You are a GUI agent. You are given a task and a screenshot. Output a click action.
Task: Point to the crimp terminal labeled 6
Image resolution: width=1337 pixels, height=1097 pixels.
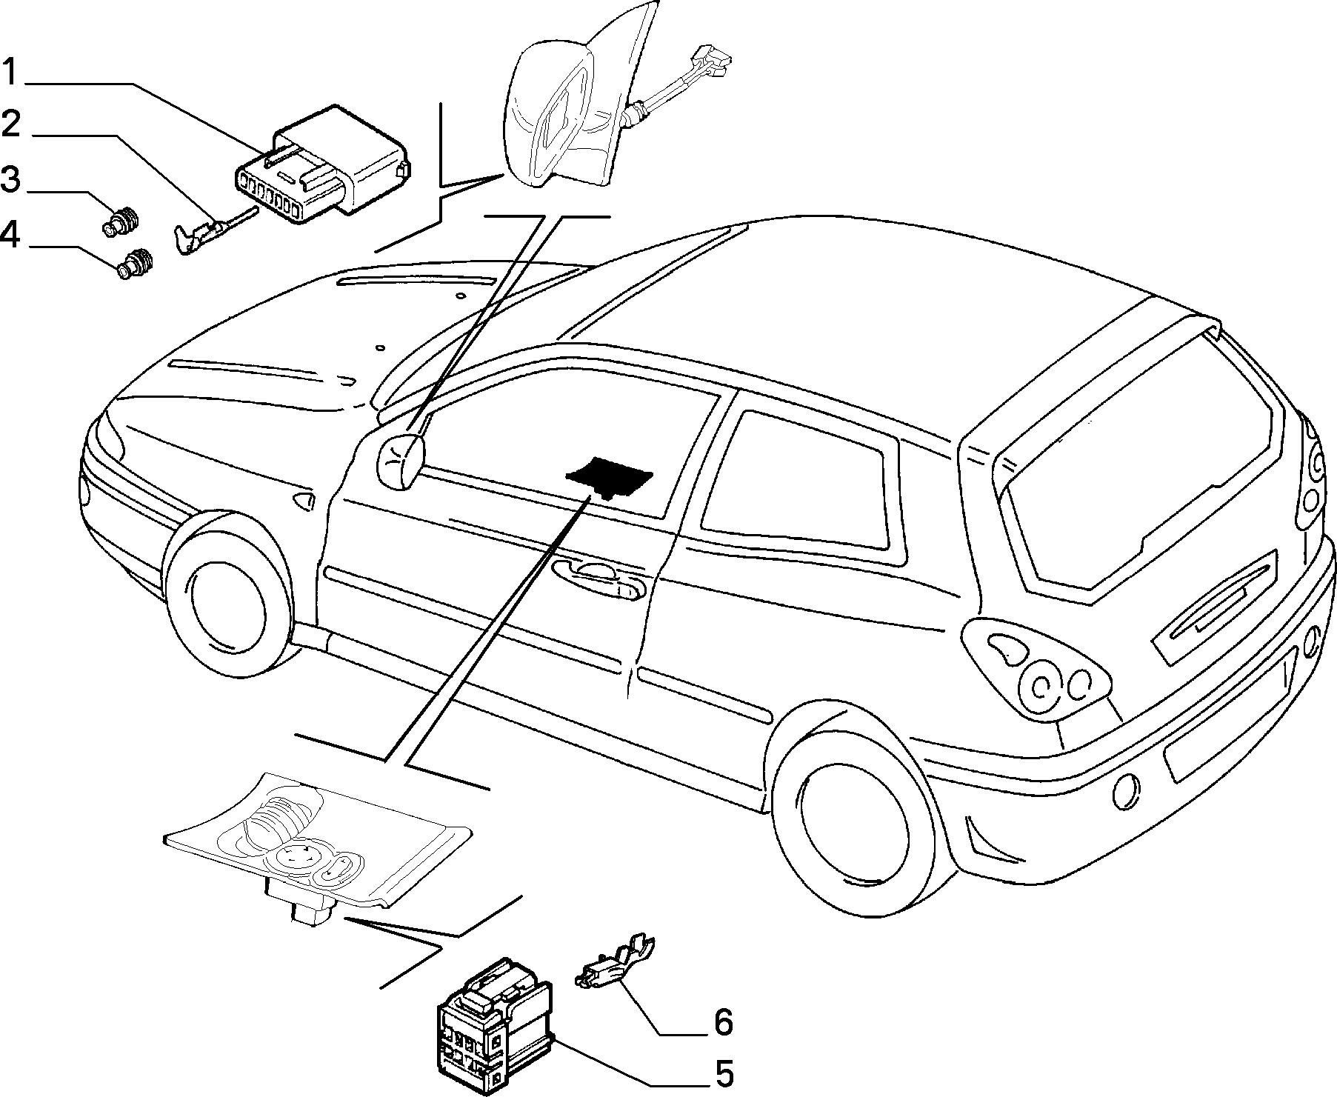coord(614,964)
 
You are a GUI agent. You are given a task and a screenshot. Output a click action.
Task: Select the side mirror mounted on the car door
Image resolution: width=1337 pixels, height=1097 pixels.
coord(401,461)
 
